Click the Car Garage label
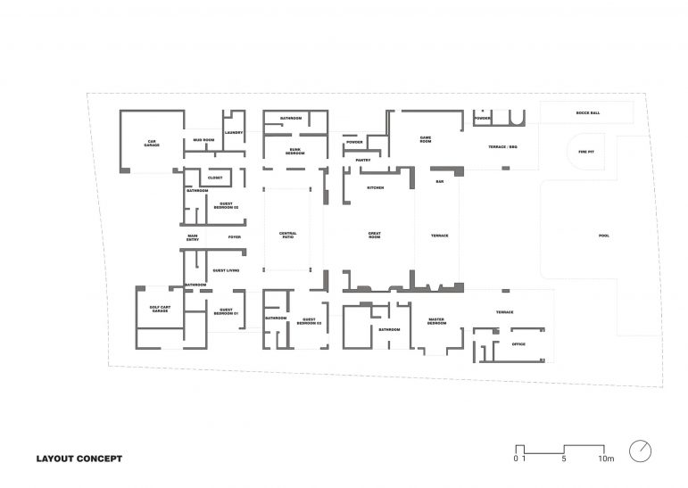[x=153, y=143]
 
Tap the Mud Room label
[x=203, y=140]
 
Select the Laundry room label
[x=234, y=133]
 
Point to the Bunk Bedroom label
[x=295, y=152]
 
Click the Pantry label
[x=362, y=161]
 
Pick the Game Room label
[x=426, y=140]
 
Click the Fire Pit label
[x=585, y=152]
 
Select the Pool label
[x=604, y=236]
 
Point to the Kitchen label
[x=376, y=188]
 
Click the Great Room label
[x=376, y=236]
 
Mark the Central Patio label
[x=287, y=236]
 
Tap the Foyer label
[x=234, y=237]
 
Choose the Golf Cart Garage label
[x=161, y=310]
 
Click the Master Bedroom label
[x=436, y=322]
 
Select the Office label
[x=518, y=343]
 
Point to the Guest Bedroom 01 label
[x=226, y=312]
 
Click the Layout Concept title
[x=79, y=459]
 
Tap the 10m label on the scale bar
[x=606, y=460]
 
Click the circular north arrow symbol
[x=640, y=451]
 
